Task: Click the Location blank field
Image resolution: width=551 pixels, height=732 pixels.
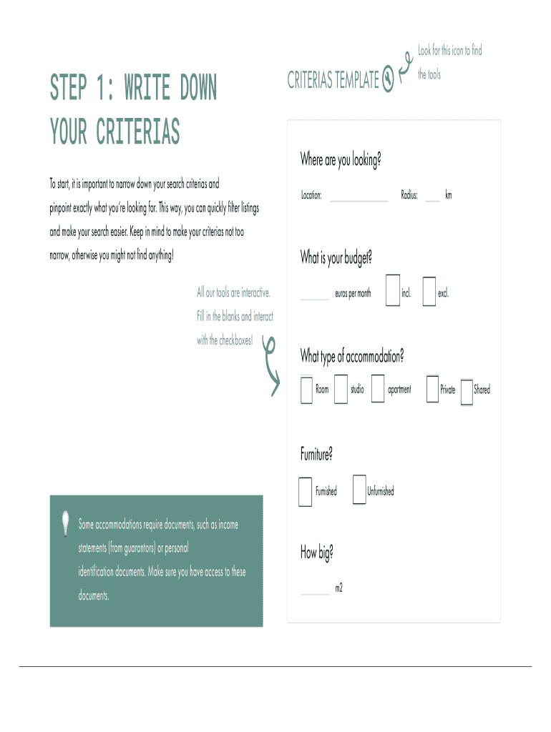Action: [359, 197]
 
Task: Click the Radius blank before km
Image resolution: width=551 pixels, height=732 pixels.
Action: [432, 197]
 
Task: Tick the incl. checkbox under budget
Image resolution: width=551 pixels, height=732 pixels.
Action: [392, 291]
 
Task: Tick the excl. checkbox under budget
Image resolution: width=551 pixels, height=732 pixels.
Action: [429, 292]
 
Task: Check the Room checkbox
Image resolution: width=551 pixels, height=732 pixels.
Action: [306, 389]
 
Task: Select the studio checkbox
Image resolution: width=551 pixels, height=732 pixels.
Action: [341, 389]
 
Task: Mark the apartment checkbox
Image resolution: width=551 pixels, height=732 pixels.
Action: [378, 389]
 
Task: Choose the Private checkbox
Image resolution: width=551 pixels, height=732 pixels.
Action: [431, 389]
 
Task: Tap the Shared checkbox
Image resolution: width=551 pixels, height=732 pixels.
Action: [467, 392]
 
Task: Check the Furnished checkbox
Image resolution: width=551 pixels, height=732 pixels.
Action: [305, 491]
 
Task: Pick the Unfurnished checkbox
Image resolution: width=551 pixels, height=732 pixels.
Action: [359, 490]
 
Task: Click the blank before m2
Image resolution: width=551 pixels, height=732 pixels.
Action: [316, 590]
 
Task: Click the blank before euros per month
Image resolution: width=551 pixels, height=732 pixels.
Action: [315, 295]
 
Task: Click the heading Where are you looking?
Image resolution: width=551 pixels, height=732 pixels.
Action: [340, 161]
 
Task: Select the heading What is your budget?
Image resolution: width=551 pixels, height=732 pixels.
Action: [336, 258]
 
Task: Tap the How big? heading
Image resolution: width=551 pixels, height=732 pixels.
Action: [317, 553]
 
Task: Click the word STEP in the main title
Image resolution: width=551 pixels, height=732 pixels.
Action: [68, 89]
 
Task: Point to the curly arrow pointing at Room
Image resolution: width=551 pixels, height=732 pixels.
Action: [270, 365]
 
